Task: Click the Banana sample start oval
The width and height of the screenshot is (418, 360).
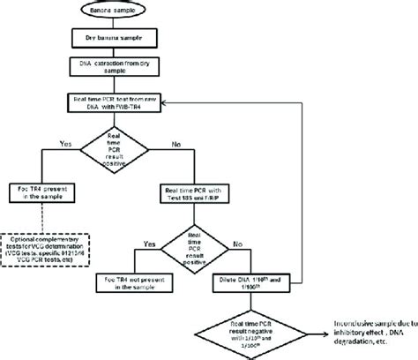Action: [x=107, y=11]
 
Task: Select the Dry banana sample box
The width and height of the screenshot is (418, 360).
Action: [x=107, y=39]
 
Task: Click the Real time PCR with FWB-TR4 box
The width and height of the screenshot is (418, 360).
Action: [x=107, y=104]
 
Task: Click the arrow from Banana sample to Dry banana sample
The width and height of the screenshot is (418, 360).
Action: [x=107, y=25]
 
